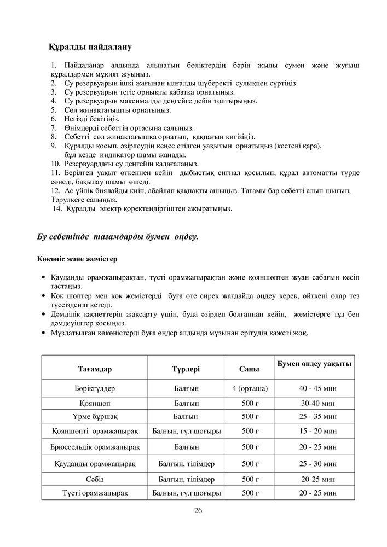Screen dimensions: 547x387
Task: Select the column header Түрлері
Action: tap(186, 369)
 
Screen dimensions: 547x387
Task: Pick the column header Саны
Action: tap(250, 369)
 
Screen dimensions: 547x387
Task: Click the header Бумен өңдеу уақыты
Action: tap(315, 364)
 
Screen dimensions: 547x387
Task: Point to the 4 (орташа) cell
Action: tap(250, 388)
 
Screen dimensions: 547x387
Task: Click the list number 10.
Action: tap(55, 164)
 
